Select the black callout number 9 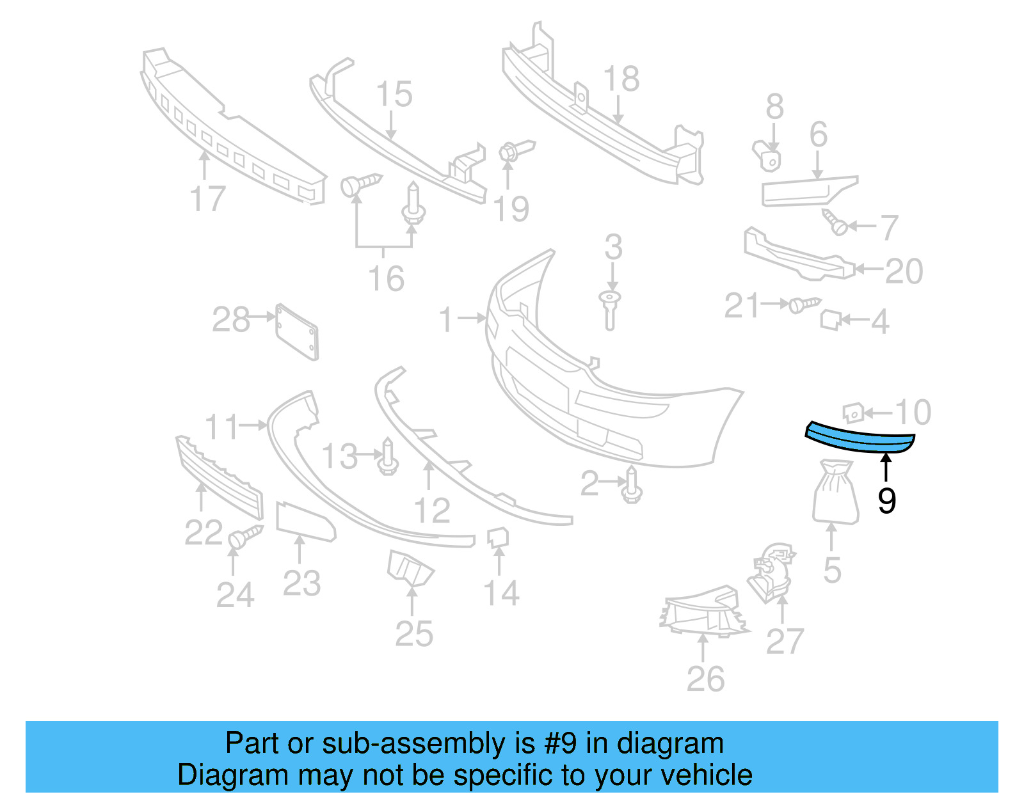[886, 500]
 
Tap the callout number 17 [208, 199]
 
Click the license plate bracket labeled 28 [297, 332]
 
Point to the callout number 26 [705, 679]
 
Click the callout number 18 [621, 79]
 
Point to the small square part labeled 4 [829, 319]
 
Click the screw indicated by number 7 [835, 223]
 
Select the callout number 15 [394, 95]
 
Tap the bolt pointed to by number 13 [388, 457]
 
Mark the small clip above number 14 [498, 537]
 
